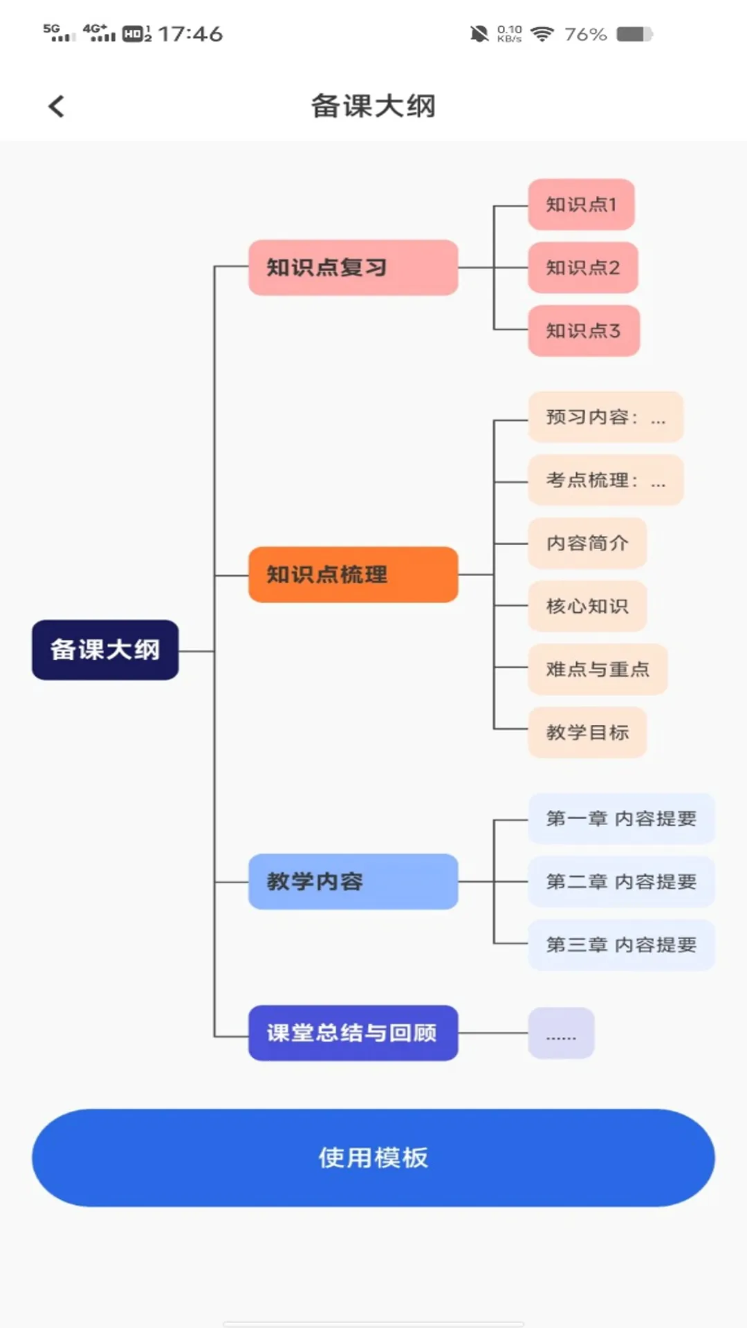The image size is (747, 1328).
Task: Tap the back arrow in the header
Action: [57, 107]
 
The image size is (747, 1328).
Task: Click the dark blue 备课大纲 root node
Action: [105, 649]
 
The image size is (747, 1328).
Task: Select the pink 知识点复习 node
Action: [353, 268]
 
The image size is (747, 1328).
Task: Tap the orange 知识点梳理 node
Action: [353, 574]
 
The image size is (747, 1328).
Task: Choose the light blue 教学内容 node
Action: [353, 881]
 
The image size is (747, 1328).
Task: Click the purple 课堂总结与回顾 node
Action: [353, 1033]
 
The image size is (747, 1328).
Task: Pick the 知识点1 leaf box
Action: [581, 205]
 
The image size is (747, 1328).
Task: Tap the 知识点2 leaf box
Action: [582, 268]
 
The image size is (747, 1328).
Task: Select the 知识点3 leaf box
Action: [583, 331]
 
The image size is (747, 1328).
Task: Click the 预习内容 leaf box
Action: [605, 417]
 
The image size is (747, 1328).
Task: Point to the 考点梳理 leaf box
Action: [605, 480]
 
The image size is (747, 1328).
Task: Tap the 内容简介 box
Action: [587, 543]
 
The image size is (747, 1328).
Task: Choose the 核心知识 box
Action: [587, 606]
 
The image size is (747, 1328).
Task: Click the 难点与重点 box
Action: [597, 669]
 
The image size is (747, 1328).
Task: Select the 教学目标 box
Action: [587, 732]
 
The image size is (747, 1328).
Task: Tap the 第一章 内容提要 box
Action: [620, 818]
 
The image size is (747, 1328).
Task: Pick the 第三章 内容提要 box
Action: [620, 945]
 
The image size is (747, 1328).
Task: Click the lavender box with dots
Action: [561, 1033]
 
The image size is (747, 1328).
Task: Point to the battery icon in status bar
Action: [634, 34]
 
